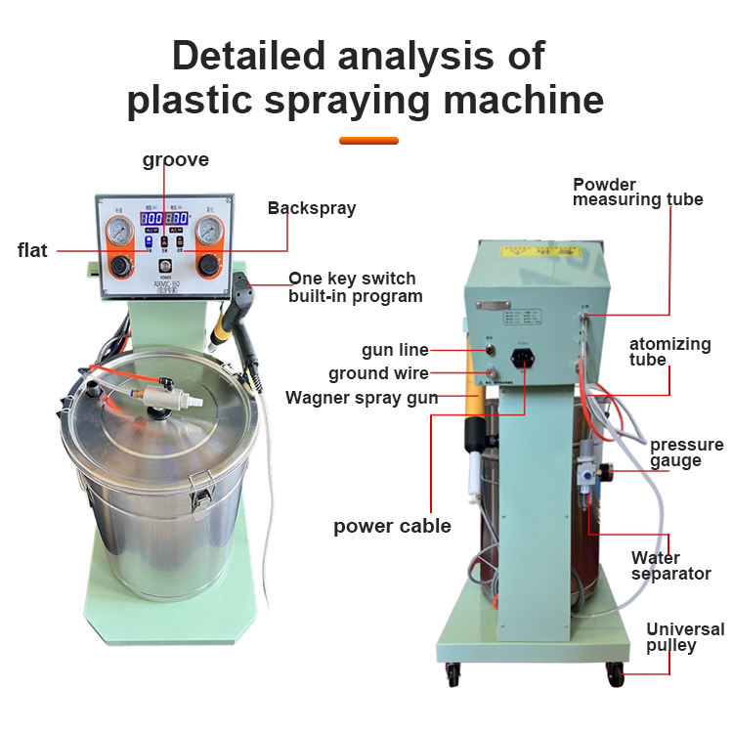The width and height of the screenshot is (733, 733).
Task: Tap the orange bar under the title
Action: pyautogui.click(x=368, y=140)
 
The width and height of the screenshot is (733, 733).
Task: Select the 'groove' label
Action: pyautogui.click(x=176, y=159)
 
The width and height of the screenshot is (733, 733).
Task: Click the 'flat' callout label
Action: pyautogui.click(x=32, y=251)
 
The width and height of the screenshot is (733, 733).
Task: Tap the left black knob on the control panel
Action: pyautogui.click(x=122, y=265)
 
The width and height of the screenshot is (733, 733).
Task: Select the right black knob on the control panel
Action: pyautogui.click(x=208, y=265)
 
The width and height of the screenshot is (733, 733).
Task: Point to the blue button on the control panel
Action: pyautogui.click(x=148, y=240)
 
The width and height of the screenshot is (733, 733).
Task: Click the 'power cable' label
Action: pyautogui.click(x=392, y=526)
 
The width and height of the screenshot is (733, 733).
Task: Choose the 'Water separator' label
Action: pyautogui.click(x=670, y=566)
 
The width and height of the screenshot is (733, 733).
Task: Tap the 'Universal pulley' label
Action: pyautogui.click(x=685, y=637)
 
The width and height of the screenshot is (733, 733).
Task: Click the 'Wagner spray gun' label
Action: pyautogui.click(x=362, y=398)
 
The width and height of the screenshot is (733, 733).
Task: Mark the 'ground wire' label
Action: pyautogui.click(x=377, y=373)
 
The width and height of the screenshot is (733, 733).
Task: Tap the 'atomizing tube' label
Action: pyautogui.click(x=669, y=352)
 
